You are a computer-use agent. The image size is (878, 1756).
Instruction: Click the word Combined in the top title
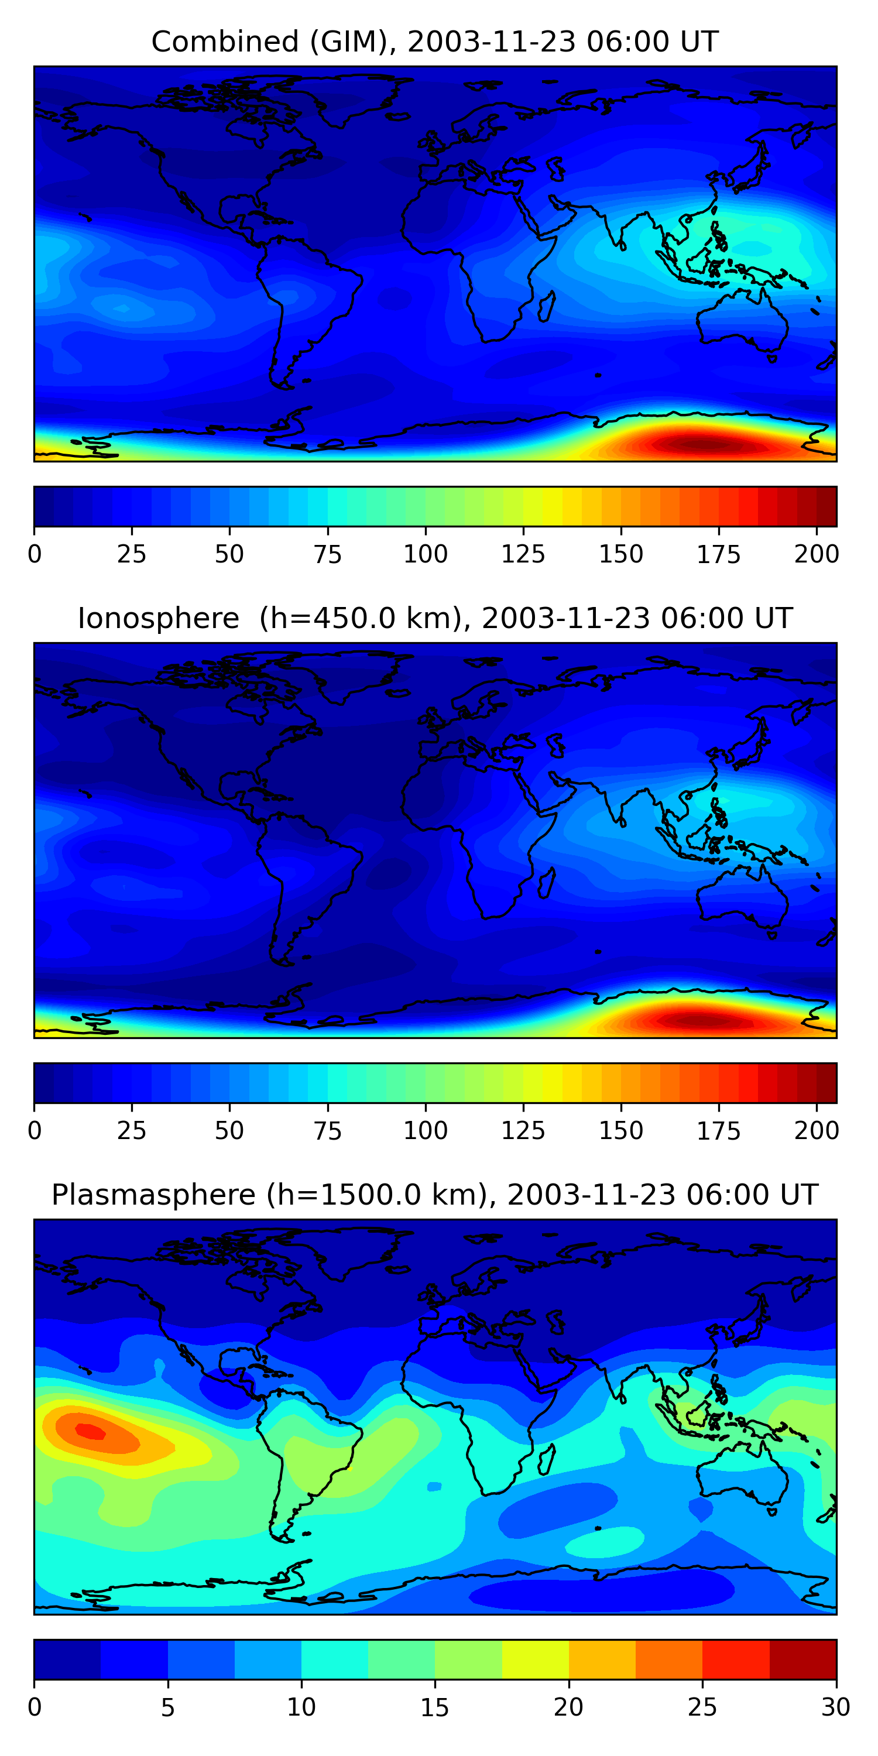[x=224, y=42]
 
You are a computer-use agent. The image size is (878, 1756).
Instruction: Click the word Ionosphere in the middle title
[x=158, y=618]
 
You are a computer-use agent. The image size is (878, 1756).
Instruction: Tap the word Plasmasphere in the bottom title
[x=153, y=1195]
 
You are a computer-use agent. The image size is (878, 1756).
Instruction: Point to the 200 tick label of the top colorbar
[x=816, y=554]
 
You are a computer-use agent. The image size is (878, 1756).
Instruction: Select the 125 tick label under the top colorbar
[x=523, y=554]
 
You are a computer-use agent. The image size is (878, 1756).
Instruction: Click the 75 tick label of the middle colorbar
[x=327, y=1131]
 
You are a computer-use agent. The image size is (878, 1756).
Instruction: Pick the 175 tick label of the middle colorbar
[x=718, y=1131]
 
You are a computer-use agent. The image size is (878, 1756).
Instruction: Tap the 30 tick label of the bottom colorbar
[x=836, y=1707]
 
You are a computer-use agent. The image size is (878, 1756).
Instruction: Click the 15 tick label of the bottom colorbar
[x=435, y=1707]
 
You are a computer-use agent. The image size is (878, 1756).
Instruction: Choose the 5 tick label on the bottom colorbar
[x=167, y=1707]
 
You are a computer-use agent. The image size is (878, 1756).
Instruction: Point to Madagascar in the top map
[x=547, y=307]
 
